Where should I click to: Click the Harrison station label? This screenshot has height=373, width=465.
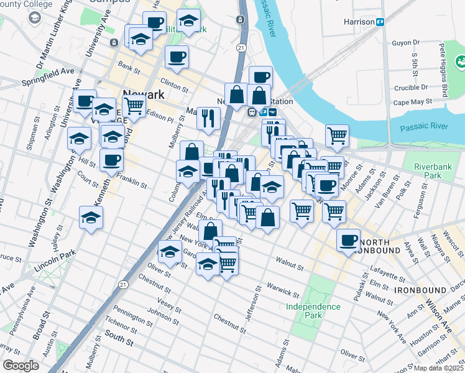point(359,22)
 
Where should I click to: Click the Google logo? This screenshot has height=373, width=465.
point(21,366)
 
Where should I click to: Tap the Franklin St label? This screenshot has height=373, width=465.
point(134,183)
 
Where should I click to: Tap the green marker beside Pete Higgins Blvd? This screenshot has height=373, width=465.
point(461,62)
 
